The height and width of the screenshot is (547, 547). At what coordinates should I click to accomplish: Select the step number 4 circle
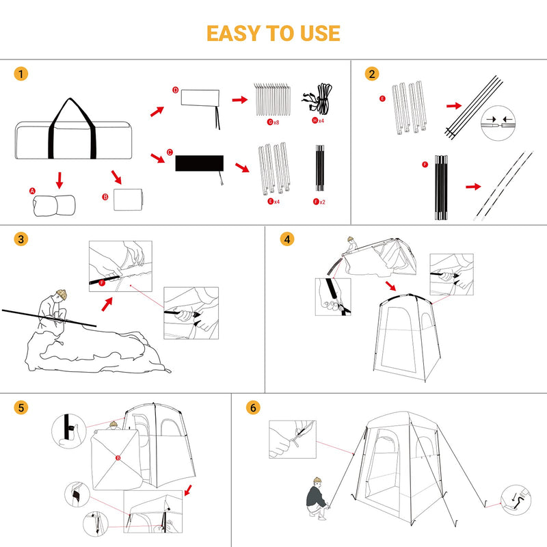[x=287, y=239]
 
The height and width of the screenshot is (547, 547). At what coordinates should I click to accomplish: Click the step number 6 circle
[x=254, y=408]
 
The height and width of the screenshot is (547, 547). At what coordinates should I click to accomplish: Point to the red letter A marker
[x=32, y=191]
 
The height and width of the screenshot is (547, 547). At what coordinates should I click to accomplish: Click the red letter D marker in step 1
[x=175, y=90]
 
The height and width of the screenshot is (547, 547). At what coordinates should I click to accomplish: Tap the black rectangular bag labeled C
[x=199, y=163]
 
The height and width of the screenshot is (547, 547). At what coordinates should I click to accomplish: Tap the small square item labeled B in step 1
[x=126, y=200]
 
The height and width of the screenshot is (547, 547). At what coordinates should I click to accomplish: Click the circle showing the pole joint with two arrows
[x=497, y=122]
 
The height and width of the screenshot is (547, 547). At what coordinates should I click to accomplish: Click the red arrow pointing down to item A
[x=59, y=181]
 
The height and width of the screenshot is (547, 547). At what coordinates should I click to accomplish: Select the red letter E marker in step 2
[x=382, y=98]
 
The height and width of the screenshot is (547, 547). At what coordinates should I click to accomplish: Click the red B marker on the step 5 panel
[x=118, y=458]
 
